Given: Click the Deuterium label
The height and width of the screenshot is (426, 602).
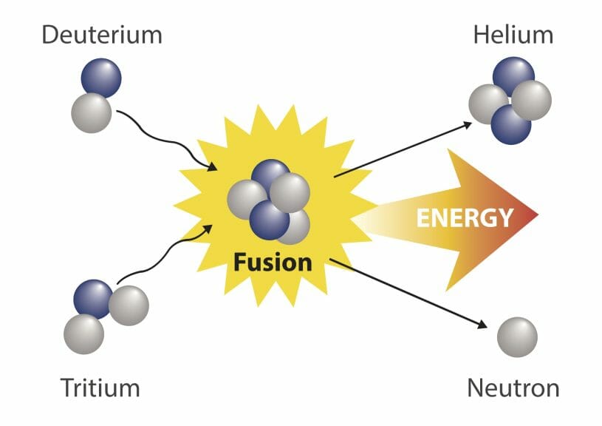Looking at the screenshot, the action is click(102, 35).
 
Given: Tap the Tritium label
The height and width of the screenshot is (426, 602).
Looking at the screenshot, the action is click(100, 388).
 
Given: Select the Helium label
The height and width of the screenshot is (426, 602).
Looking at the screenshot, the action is click(513, 35).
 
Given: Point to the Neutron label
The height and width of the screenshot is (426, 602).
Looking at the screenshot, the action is click(513, 388).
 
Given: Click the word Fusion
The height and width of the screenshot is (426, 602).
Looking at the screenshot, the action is click(273, 263).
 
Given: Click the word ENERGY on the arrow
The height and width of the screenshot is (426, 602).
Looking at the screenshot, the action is click(465, 217).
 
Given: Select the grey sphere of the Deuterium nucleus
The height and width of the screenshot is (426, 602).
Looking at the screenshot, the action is click(92, 113).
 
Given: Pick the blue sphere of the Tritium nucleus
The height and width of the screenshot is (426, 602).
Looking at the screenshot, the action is click(92, 299).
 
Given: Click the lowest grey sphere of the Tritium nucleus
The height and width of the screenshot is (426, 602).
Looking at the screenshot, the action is click(83, 334).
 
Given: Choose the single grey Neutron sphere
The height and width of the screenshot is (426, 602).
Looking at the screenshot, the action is click(517, 337).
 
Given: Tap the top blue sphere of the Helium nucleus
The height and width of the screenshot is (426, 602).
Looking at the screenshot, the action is click(513, 75).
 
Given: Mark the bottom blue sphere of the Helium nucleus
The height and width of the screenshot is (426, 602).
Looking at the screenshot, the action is click(510, 125).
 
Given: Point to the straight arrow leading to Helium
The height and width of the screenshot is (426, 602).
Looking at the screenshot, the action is click(403, 149).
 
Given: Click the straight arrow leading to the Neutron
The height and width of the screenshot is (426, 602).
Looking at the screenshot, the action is click(408, 294).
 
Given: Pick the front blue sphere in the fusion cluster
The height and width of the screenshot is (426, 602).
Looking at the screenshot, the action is click(269, 220).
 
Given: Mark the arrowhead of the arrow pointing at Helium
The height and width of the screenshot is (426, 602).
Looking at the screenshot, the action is click(468, 124).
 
